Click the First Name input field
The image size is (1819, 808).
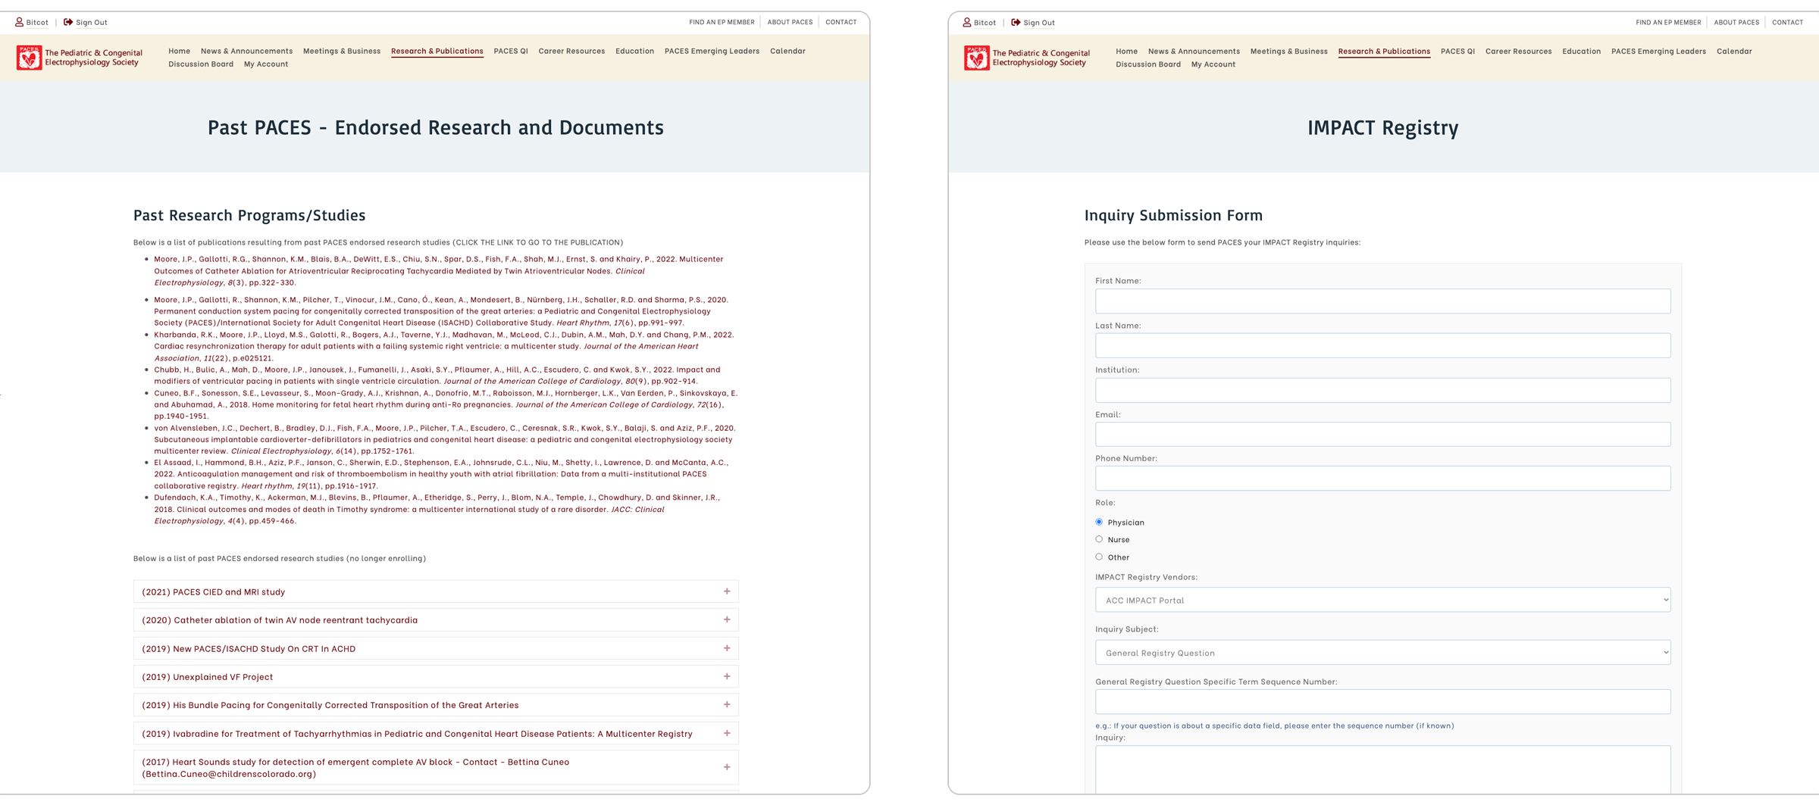point(1382,301)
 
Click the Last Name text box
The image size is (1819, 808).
point(1382,346)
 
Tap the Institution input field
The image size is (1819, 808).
point(1382,391)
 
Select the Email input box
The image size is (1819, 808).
point(1382,435)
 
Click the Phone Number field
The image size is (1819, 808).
point(1382,479)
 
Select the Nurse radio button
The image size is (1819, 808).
point(1099,539)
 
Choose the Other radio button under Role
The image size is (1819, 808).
point(1099,557)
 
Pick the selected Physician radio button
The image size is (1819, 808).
point(1099,522)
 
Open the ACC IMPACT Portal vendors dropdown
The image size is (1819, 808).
point(1382,600)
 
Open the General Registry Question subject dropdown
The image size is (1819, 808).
point(1382,653)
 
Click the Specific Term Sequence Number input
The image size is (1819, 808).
point(1382,702)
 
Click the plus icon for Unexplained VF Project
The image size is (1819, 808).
point(727,676)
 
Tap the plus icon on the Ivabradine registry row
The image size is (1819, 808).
point(727,733)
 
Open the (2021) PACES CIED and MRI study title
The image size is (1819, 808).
point(214,592)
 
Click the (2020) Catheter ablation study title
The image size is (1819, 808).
point(280,620)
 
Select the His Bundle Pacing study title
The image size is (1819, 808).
point(330,705)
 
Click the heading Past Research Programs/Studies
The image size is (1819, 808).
point(249,216)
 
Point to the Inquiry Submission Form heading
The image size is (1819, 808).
point(1173,216)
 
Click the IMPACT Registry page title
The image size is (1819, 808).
point(1382,128)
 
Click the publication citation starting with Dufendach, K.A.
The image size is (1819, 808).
point(437,509)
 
